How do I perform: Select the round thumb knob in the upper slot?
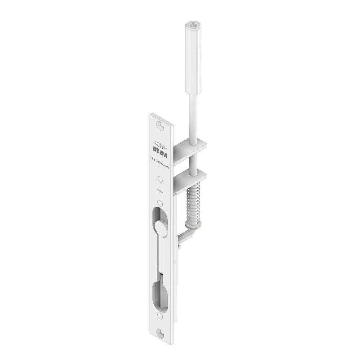[161, 229]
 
